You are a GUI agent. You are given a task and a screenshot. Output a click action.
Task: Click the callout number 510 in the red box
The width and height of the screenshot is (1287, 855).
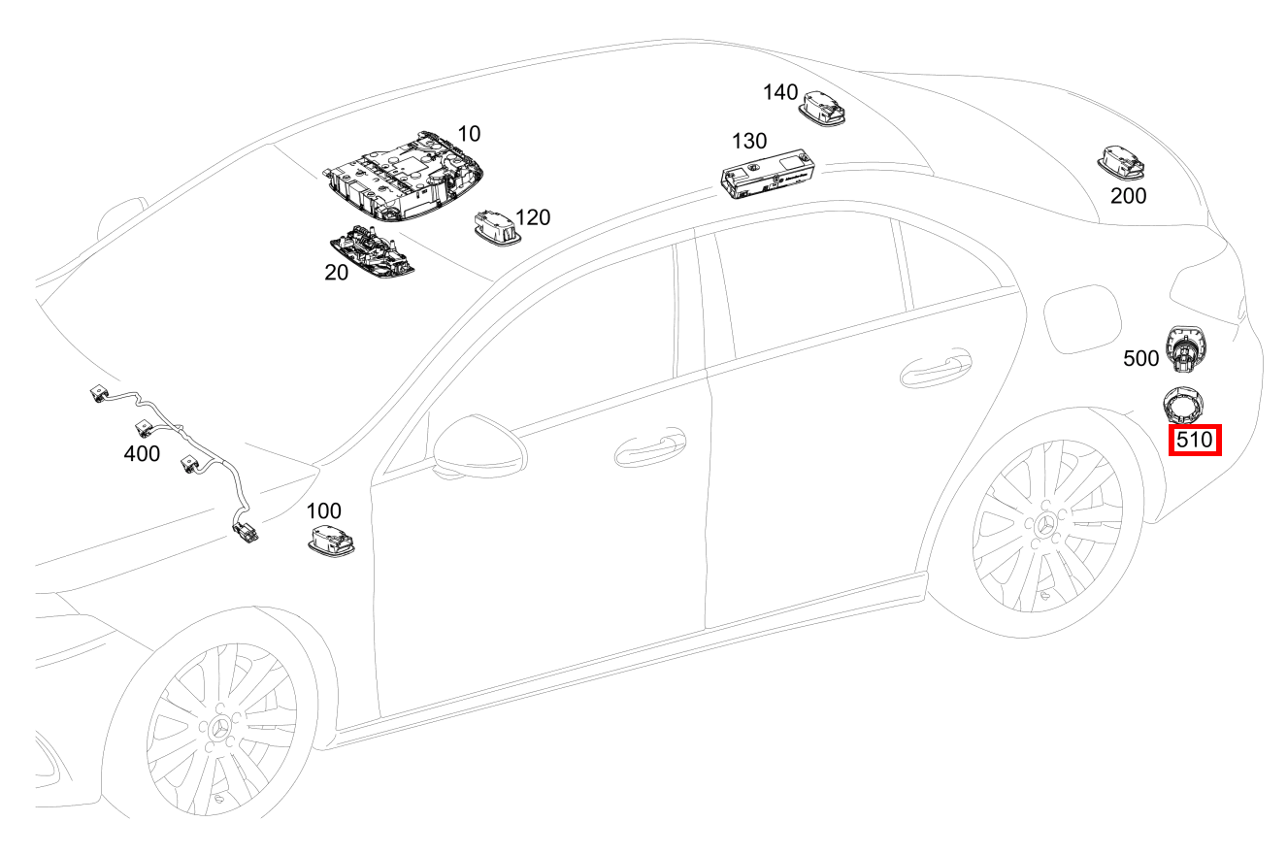[x=1195, y=441]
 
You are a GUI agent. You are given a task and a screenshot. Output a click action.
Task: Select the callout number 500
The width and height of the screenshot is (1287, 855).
[x=1140, y=358]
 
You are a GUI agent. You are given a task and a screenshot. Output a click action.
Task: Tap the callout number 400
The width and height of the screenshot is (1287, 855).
[x=142, y=454]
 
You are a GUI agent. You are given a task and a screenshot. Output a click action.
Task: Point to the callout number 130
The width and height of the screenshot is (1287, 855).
[x=749, y=141]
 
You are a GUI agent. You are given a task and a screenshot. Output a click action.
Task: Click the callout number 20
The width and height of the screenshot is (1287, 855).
[x=336, y=273]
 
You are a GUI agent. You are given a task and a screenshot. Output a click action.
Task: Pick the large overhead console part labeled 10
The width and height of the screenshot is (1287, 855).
[x=403, y=177]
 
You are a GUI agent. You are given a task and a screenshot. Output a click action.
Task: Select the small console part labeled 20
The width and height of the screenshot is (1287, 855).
[x=372, y=251]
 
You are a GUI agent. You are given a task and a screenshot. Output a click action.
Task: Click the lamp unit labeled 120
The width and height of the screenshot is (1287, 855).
[x=497, y=228]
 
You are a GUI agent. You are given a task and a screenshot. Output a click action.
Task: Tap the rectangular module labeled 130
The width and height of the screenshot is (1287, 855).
[x=768, y=174]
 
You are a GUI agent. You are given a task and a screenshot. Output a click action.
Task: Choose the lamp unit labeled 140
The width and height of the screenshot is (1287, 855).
[x=822, y=108]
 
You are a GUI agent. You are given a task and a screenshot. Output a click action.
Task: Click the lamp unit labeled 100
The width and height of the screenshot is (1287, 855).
[x=331, y=541]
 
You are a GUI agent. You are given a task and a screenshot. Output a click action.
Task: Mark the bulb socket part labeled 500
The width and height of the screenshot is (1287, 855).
[x=1186, y=348]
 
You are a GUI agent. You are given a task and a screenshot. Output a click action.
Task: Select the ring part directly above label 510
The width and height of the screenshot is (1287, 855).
[x=1183, y=405]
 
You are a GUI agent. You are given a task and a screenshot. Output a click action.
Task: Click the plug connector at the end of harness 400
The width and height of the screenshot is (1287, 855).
[x=246, y=533]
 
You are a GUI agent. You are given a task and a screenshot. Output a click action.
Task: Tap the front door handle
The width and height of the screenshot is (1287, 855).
[x=650, y=447]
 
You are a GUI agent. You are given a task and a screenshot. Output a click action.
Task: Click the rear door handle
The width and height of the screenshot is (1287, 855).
[x=936, y=368]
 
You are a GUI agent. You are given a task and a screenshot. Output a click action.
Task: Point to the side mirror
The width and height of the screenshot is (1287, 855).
[x=480, y=446]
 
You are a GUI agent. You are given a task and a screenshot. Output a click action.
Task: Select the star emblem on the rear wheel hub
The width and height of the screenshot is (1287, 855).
[x=1045, y=525]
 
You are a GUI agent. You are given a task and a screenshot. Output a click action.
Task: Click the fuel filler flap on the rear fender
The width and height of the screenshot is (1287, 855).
[x=1082, y=318]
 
